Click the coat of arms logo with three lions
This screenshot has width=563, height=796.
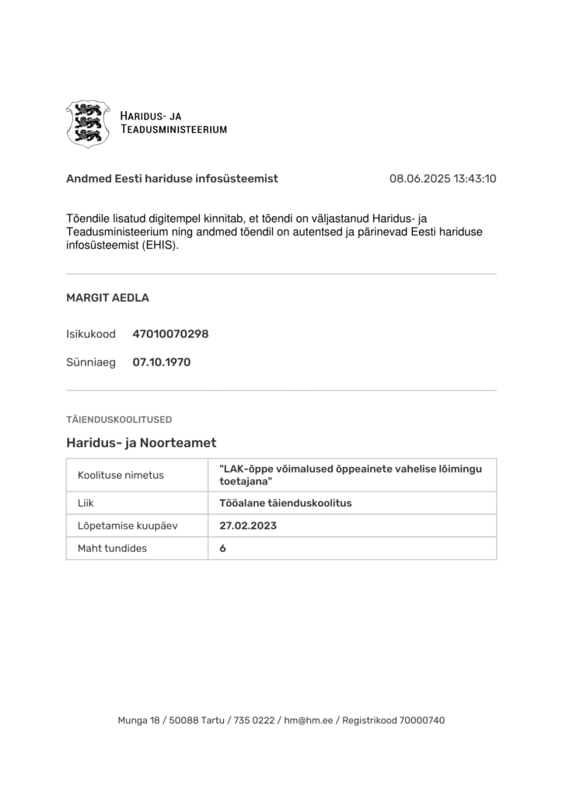(x=88, y=124)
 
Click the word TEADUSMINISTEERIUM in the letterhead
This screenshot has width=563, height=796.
(x=173, y=130)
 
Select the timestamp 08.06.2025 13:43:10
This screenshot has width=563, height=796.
(x=442, y=179)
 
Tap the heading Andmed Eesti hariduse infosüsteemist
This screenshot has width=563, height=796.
(x=172, y=179)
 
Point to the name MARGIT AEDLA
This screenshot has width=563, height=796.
(x=107, y=298)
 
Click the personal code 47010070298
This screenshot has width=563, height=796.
(x=170, y=334)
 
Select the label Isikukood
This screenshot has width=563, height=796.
(x=91, y=334)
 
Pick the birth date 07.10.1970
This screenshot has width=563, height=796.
(x=161, y=362)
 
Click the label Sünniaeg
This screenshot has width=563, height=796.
(x=91, y=362)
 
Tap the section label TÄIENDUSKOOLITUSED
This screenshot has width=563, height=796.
(x=119, y=420)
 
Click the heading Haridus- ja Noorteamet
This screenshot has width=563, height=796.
(x=141, y=443)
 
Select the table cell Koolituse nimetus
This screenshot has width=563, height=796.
(x=121, y=475)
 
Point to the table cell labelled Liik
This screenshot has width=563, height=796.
(x=86, y=503)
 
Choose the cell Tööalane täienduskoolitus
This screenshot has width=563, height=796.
(x=285, y=503)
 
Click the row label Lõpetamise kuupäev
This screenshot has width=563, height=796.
(x=128, y=525)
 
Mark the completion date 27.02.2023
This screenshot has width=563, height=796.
(x=248, y=525)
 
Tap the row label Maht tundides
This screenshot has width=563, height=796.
(x=112, y=548)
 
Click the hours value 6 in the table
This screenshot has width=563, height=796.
(x=223, y=548)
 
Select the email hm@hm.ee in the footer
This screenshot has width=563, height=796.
(x=309, y=721)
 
